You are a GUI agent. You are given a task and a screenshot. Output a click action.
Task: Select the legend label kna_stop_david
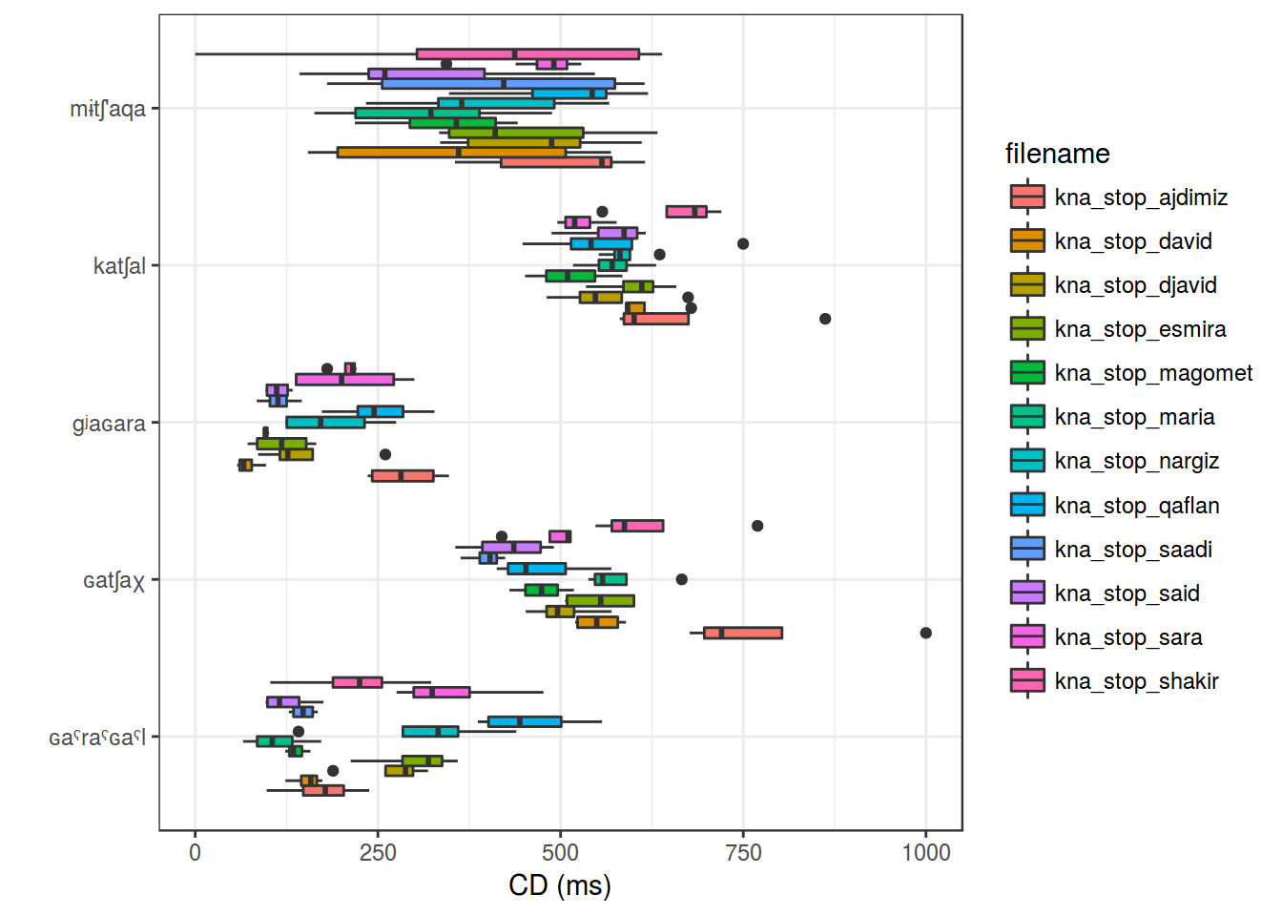(x=1133, y=241)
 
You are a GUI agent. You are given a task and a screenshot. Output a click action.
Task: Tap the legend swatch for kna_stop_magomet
(x=1027, y=373)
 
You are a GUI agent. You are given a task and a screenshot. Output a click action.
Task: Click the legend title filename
(x=1057, y=154)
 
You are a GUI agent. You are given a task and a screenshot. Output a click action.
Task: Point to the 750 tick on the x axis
(x=743, y=852)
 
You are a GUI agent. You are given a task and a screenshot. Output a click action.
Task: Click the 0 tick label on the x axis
(x=196, y=852)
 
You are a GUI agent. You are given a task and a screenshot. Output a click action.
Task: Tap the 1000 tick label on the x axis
(x=925, y=852)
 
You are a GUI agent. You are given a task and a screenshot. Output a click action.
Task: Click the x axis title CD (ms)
(x=560, y=885)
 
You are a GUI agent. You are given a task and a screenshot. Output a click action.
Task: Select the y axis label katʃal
(x=119, y=266)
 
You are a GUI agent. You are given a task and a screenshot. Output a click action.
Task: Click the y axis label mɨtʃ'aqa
(x=108, y=109)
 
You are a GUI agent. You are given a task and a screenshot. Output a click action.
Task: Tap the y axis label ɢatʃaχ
(x=114, y=580)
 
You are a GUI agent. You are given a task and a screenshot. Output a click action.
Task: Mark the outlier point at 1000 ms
(x=925, y=633)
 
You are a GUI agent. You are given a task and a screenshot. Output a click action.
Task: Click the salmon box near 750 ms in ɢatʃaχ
(x=743, y=633)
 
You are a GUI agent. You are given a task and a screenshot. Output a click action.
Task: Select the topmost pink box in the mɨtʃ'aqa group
(x=527, y=54)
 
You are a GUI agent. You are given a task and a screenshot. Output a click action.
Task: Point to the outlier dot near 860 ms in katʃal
(x=825, y=319)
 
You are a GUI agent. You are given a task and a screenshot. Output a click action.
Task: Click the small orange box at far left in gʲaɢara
(x=245, y=465)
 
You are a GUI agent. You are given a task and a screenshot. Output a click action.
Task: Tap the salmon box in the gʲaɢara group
(x=403, y=475)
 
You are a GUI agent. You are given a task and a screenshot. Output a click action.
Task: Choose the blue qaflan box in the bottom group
(x=525, y=721)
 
